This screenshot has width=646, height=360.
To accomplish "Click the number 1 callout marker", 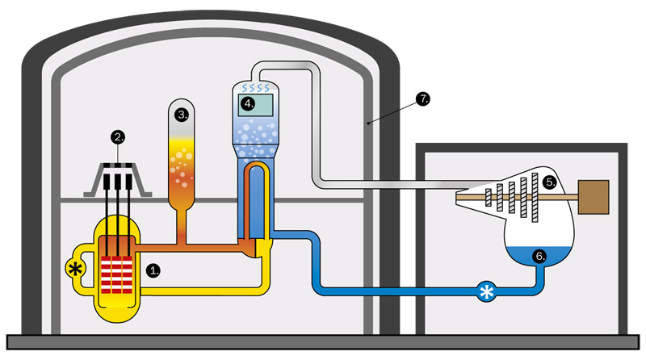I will click(153, 271).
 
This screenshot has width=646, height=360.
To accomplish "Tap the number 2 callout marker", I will click(120, 138).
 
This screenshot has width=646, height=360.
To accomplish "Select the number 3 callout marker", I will click(182, 115).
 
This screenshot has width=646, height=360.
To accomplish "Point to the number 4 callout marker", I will click(249, 103).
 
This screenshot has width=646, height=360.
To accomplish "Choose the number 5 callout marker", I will click(549, 182).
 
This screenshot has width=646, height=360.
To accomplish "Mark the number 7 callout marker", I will click(422, 99).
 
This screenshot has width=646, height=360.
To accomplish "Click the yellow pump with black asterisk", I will click(77, 268).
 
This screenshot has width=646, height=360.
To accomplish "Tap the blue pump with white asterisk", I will click(486, 291).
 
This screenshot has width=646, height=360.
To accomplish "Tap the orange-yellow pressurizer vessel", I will click(182, 161).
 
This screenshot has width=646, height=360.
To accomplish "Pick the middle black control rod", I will click(120, 206).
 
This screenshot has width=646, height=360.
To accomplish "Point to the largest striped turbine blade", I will click(532, 197).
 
